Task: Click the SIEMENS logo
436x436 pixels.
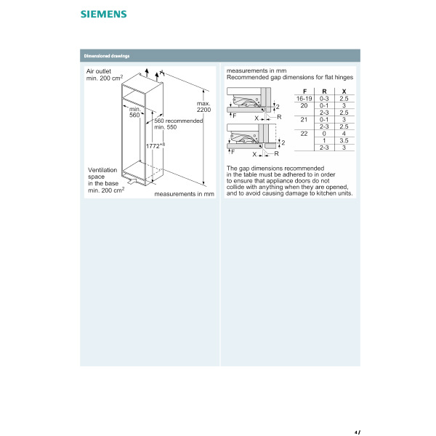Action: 102,14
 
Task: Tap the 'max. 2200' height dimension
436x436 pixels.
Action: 203,106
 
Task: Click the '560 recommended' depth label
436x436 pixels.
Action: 179,121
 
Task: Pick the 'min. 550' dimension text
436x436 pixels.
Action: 165,128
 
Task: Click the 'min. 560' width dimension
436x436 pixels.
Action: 134,112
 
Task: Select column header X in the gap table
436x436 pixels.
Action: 344,92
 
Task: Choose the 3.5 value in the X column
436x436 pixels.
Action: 344,140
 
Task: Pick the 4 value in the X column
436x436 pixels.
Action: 344,134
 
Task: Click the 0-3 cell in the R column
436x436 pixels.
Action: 324,98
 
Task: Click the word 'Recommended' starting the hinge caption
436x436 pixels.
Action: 246,76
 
